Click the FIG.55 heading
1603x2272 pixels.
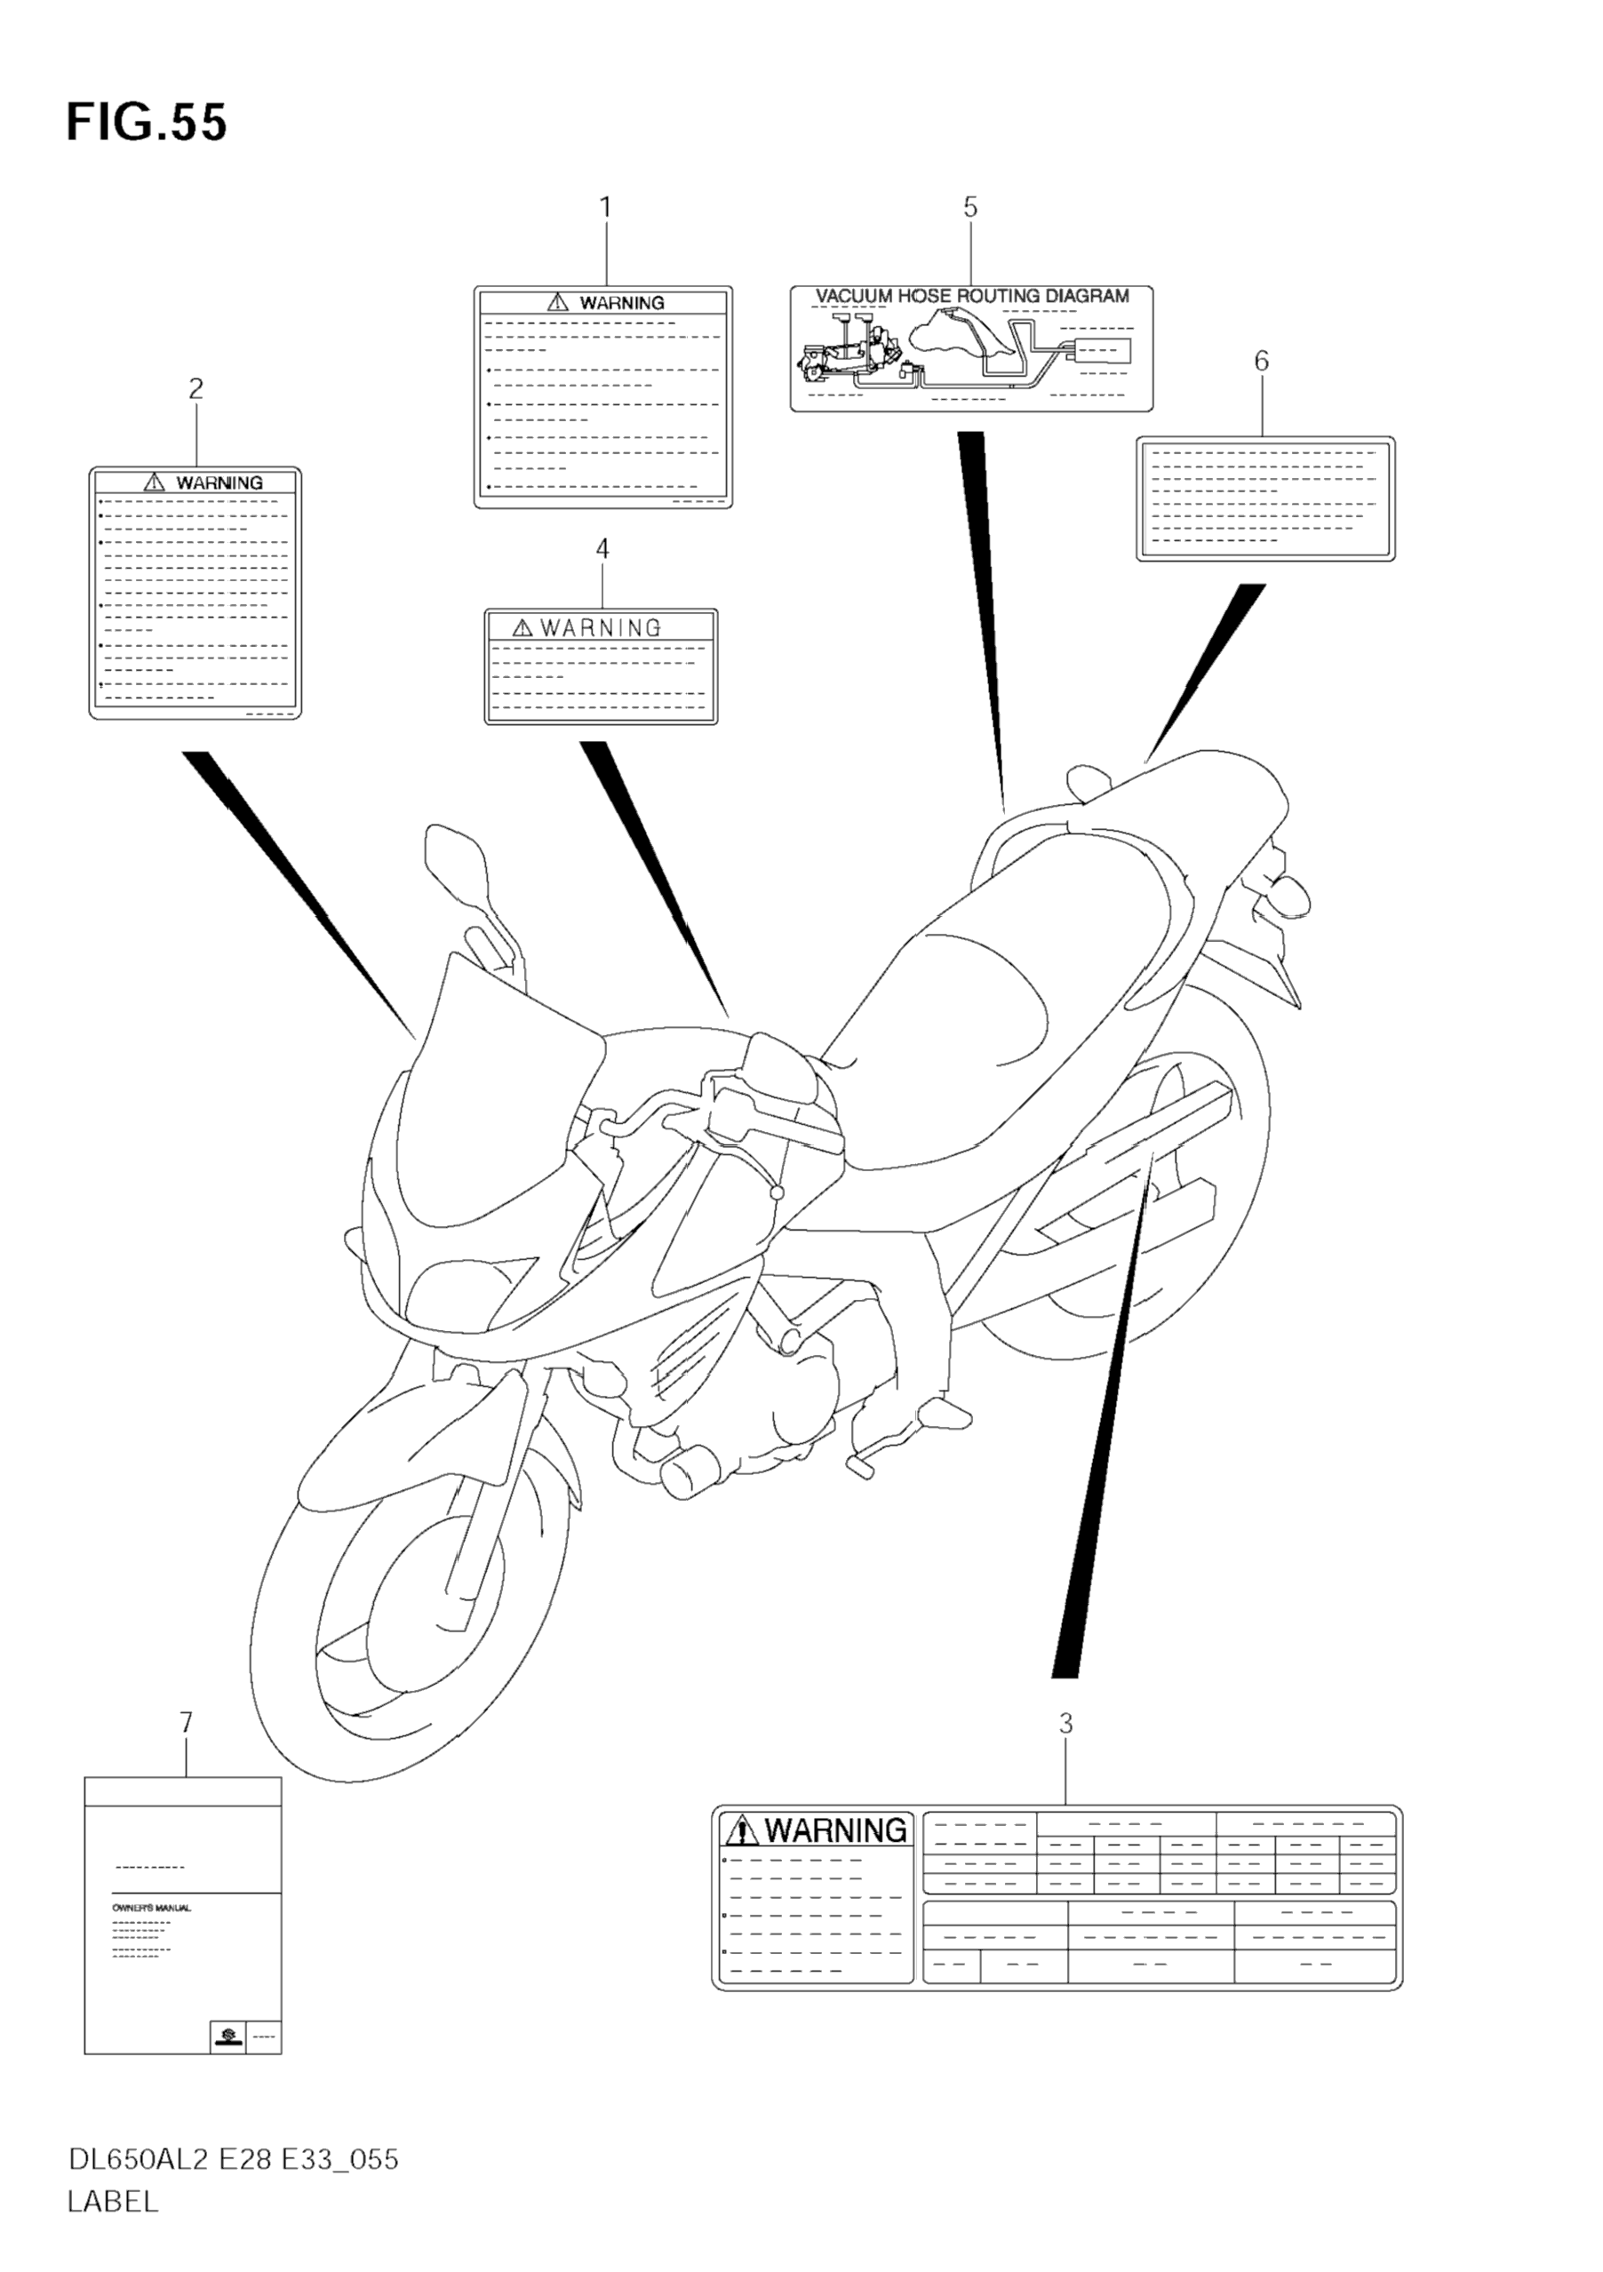[x=147, y=123]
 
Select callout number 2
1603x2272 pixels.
[x=195, y=389]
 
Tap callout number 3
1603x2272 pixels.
[x=1065, y=1724]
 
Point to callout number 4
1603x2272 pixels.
[x=602, y=548]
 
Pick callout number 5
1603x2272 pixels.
[x=969, y=208]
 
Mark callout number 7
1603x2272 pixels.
[x=185, y=1724]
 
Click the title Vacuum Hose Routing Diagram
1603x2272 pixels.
[x=972, y=296]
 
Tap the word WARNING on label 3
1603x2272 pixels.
[x=835, y=1830]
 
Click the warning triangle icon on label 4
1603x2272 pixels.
[x=522, y=628]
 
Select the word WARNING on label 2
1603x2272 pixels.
[x=219, y=482]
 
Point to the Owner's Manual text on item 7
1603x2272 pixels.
[x=150, y=1907]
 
